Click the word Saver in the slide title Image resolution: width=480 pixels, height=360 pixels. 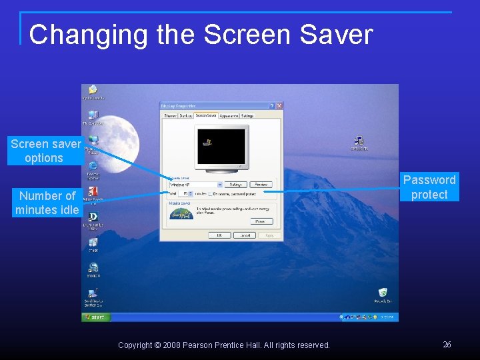[x=336, y=35]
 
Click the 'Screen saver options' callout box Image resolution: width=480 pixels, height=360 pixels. [x=44, y=151]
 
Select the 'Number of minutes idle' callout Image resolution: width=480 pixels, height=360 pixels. [x=47, y=203]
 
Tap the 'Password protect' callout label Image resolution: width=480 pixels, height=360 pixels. [x=429, y=187]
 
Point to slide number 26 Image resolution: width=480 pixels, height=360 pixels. [x=447, y=345]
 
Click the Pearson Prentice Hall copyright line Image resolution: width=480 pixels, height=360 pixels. [x=224, y=345]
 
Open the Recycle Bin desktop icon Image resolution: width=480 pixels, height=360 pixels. [x=383, y=293]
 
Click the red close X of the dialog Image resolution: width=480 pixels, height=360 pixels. [x=279, y=106]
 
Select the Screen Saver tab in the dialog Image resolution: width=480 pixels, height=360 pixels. [x=206, y=116]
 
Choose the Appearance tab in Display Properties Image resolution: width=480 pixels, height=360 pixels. [x=229, y=116]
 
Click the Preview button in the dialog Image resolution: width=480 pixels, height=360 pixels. [x=261, y=185]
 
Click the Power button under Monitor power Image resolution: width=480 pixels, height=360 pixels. [x=261, y=221]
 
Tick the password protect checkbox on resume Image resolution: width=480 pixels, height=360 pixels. [x=211, y=194]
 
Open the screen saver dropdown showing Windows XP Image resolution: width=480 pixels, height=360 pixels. [x=195, y=185]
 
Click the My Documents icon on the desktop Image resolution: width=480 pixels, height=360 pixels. [x=93, y=91]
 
